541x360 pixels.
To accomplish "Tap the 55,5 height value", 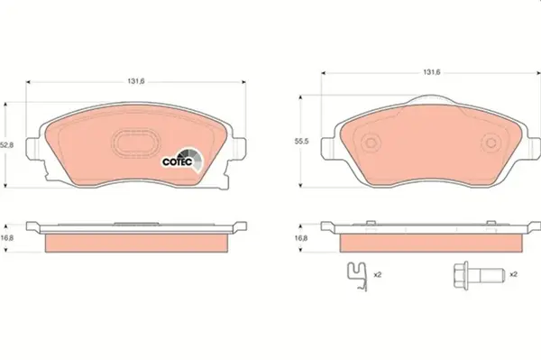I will (x=305, y=142).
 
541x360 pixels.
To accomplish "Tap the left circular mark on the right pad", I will (x=370, y=144).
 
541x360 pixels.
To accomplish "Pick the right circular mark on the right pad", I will (x=491, y=144).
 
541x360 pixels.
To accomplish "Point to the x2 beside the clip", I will (x=379, y=273).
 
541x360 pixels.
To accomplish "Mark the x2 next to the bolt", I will (x=511, y=273).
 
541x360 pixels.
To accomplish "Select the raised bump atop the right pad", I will (x=430, y=101).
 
